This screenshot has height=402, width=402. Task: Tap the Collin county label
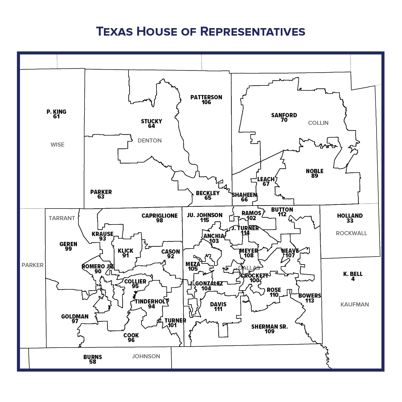click(x=318, y=123)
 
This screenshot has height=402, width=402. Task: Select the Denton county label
click(x=149, y=140)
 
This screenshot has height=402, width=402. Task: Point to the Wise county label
click(x=57, y=145)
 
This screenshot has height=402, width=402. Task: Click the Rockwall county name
click(x=351, y=233)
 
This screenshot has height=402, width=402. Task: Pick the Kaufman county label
click(x=355, y=304)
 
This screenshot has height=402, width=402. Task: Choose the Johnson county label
click(x=146, y=356)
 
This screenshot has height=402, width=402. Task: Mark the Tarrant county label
click(x=62, y=218)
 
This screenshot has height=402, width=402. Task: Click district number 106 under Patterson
click(x=206, y=102)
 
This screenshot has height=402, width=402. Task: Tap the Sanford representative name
click(x=284, y=115)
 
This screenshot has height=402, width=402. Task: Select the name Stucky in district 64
click(x=151, y=121)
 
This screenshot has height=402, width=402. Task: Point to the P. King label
click(x=56, y=112)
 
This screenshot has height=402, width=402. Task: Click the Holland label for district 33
click(x=350, y=215)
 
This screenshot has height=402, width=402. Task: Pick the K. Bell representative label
click(x=353, y=274)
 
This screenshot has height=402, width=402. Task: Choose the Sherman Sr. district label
click(x=269, y=327)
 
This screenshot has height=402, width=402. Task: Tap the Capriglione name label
click(x=159, y=215)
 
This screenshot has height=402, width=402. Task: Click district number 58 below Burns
click(x=93, y=362)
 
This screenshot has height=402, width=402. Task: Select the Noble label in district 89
click(x=315, y=171)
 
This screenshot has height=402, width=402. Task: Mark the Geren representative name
click(x=68, y=244)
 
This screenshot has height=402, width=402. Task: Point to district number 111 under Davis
click(x=218, y=309)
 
